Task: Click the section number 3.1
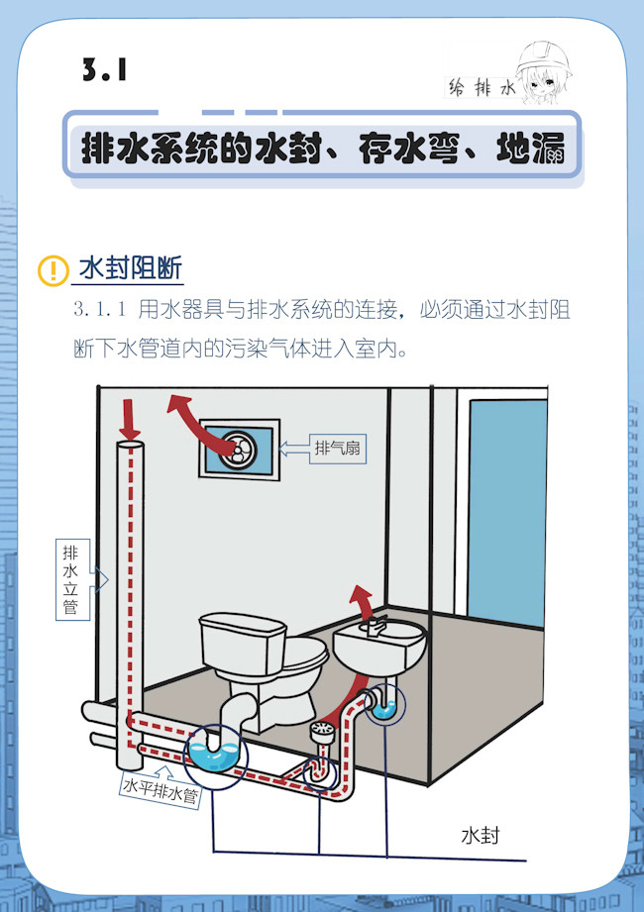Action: pos(105,69)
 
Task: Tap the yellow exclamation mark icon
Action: pos(53,270)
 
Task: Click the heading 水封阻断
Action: pos(131,268)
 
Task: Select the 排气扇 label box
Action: pos(338,448)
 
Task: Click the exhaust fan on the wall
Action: pos(239,449)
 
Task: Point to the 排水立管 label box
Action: pos(72,579)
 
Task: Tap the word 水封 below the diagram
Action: pos(480,836)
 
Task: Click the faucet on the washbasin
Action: pos(375,625)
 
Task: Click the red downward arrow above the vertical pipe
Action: pos(130,419)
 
